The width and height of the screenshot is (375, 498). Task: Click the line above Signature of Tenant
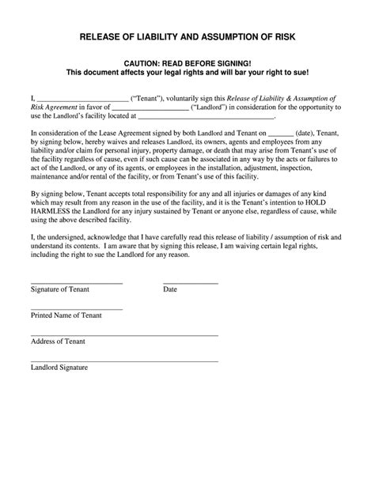77,283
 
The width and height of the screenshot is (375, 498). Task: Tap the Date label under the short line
170,290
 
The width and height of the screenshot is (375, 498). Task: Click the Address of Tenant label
59,341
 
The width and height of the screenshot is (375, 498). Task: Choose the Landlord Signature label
59,368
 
